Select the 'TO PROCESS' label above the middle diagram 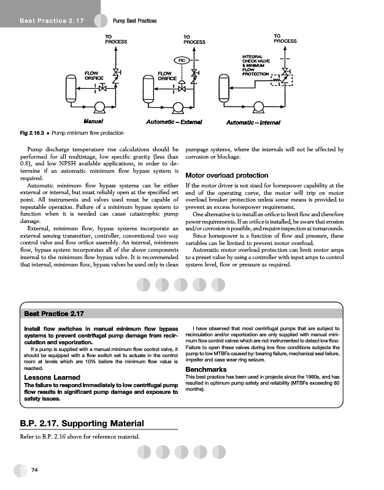tap(194, 39)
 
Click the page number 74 tap(35, 469)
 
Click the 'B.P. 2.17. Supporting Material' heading tap(83, 423)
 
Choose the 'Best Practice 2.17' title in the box tap(53, 314)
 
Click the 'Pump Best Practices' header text tap(135, 21)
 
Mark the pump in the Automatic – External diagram tap(179, 108)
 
